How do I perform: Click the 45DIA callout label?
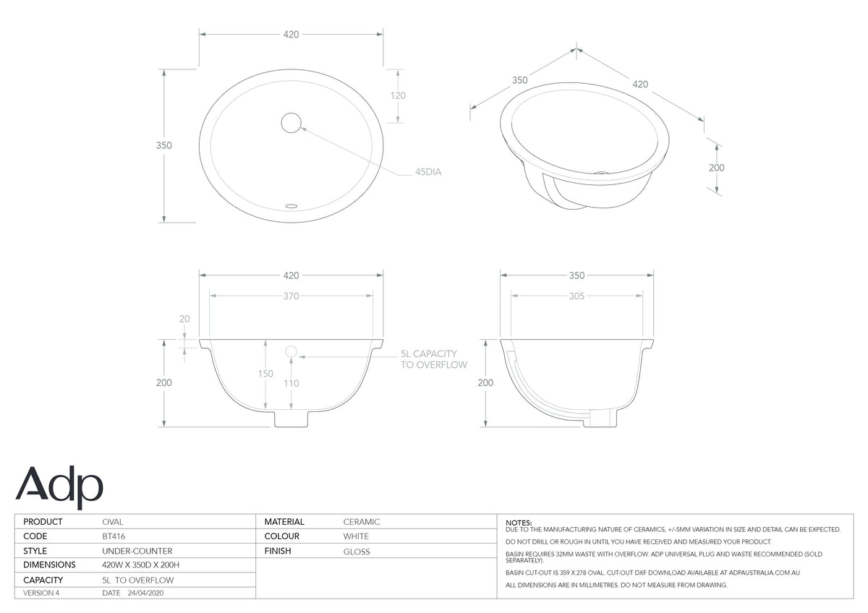[x=428, y=172]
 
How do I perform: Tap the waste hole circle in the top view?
[x=291, y=123]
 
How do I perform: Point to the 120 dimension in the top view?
[x=398, y=95]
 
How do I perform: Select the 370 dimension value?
[x=291, y=296]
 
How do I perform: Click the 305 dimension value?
[x=576, y=296]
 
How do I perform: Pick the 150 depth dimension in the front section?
[x=265, y=374]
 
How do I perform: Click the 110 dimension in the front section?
[x=291, y=383]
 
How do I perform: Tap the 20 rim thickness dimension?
[x=184, y=319]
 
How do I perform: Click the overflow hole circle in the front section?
[x=291, y=351]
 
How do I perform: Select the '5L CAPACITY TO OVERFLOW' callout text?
[x=433, y=359]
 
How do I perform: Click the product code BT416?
[x=114, y=536]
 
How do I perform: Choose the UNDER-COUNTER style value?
[x=137, y=551]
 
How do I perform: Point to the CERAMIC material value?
[x=362, y=522]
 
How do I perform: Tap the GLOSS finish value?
[x=357, y=552]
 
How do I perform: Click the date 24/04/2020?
[x=145, y=593]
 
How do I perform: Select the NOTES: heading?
[x=519, y=523]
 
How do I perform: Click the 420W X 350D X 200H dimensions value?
[x=140, y=565]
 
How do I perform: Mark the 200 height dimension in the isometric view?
[x=717, y=168]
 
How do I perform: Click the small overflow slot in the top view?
[x=291, y=206]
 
